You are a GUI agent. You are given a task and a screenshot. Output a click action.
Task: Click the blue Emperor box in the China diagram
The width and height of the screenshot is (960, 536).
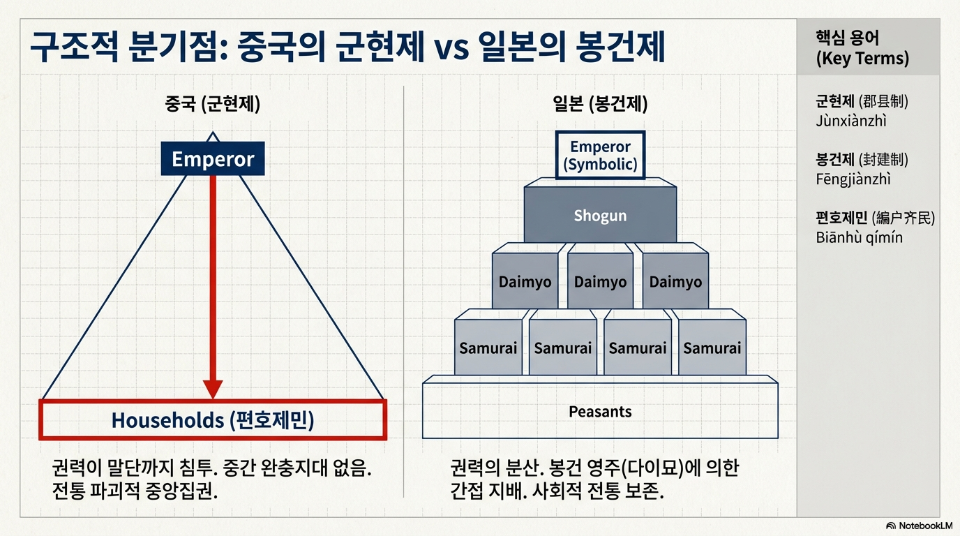point(213,159)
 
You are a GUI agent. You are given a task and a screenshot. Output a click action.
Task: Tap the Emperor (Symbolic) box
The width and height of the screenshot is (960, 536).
point(600,156)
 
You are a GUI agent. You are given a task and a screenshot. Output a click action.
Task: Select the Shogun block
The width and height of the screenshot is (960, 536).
point(600,216)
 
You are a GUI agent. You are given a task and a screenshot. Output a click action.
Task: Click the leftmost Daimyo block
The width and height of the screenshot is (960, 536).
point(525,282)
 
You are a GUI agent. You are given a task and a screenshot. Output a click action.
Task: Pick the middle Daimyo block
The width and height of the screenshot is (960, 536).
point(600,282)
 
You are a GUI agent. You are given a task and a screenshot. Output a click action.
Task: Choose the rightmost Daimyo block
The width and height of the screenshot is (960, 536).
point(675,282)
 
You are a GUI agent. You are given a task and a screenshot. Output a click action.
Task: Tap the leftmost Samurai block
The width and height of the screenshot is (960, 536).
point(488,348)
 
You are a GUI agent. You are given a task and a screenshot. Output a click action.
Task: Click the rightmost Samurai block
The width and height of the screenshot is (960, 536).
point(712,348)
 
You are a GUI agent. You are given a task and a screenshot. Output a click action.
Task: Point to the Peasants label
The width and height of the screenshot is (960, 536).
point(600,412)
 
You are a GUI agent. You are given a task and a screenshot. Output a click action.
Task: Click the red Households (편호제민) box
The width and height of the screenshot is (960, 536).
point(213,420)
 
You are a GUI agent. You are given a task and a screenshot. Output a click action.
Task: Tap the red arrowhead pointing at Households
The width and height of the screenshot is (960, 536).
point(213,389)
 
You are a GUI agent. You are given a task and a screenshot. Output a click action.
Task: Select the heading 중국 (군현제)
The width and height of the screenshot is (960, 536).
point(212,105)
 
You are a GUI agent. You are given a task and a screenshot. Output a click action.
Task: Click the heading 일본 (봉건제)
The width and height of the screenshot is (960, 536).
point(600,105)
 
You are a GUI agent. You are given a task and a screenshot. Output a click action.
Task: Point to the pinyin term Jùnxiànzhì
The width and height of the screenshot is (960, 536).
point(850,121)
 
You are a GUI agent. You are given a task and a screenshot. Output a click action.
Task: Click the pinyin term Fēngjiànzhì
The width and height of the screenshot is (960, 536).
point(853,179)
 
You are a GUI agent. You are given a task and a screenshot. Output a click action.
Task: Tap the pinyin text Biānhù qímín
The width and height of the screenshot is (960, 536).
point(859,237)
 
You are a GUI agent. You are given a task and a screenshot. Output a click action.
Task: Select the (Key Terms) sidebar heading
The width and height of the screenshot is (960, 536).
point(862,59)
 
